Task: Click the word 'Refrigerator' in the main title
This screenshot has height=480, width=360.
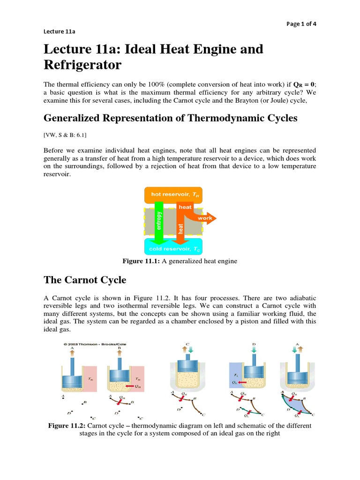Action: [82, 65]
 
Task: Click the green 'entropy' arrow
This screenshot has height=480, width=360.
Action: [158, 220]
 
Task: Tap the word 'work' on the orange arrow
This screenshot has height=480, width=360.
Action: [205, 218]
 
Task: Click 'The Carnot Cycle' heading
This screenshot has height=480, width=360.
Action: [85, 280]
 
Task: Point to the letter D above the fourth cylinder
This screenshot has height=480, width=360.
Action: [254, 344]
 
